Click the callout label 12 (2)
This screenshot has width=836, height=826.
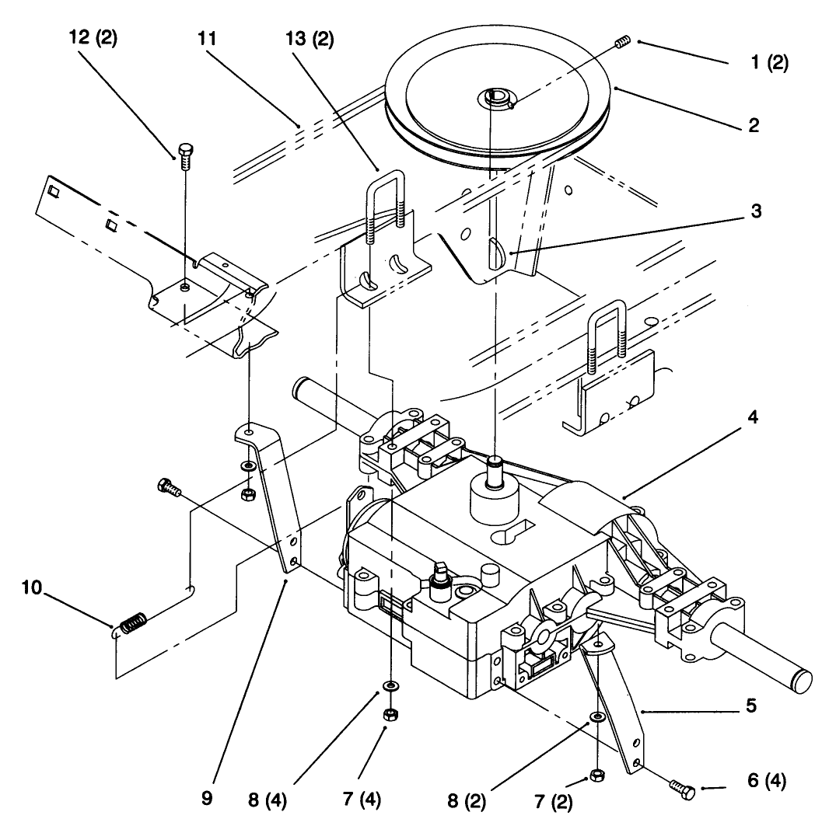(x=92, y=40)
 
